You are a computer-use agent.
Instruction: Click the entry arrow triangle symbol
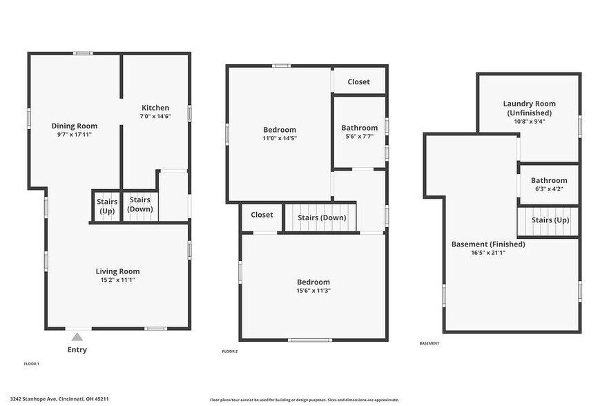pyautogui.click(x=77, y=337)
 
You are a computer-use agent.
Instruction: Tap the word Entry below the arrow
pyautogui.click(x=77, y=350)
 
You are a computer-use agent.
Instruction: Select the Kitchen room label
pyautogui.click(x=155, y=108)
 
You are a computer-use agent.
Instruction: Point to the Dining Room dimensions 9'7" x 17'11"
pyautogui.click(x=74, y=135)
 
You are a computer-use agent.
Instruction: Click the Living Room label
pyautogui.click(x=117, y=271)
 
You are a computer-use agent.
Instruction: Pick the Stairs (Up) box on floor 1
pyautogui.click(x=106, y=205)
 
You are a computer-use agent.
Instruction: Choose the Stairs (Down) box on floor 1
pyautogui.click(x=140, y=205)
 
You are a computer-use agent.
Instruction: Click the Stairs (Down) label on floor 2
pyautogui.click(x=322, y=218)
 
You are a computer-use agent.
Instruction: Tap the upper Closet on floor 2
pyautogui.click(x=358, y=81)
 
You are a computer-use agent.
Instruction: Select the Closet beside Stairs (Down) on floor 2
pyautogui.click(x=262, y=215)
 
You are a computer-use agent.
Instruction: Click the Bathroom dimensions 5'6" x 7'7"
pyautogui.click(x=359, y=137)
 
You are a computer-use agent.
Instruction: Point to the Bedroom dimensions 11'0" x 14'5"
pyautogui.click(x=279, y=138)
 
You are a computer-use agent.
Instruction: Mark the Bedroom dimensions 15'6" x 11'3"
pyautogui.click(x=313, y=291)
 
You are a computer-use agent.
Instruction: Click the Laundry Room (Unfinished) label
pyautogui.click(x=529, y=108)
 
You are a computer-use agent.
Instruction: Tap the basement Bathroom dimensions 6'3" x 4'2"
pyautogui.click(x=548, y=189)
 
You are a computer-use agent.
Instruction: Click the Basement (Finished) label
pyautogui.click(x=488, y=244)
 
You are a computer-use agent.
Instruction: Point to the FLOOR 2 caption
pyautogui.click(x=230, y=351)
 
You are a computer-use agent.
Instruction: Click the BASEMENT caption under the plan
pyautogui.click(x=429, y=343)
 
